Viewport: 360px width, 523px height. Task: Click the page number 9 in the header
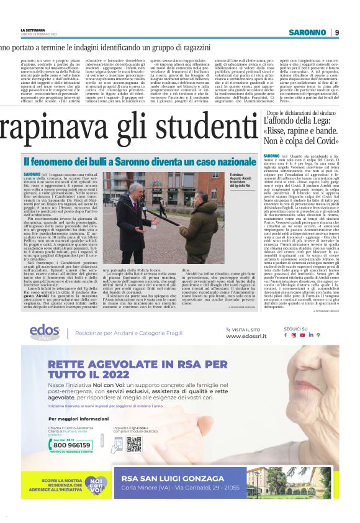336,32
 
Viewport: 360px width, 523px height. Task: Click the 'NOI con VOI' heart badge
93,484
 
